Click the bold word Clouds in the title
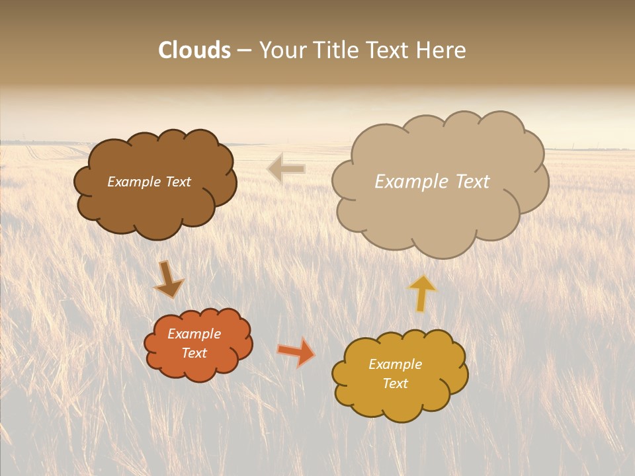click(194, 50)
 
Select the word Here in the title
click(442, 50)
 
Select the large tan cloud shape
click(440, 212)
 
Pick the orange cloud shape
click(198, 367)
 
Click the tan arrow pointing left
click(286, 169)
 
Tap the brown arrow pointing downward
click(168, 280)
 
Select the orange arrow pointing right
click(296, 352)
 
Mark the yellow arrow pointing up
click(421, 293)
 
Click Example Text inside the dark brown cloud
click(149, 182)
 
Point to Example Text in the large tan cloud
click(432, 182)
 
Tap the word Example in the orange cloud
click(194, 334)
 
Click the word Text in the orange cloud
click(194, 353)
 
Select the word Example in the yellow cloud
click(395, 364)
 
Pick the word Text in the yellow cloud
click(395, 383)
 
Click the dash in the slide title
click(243, 50)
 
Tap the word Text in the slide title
click(390, 50)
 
